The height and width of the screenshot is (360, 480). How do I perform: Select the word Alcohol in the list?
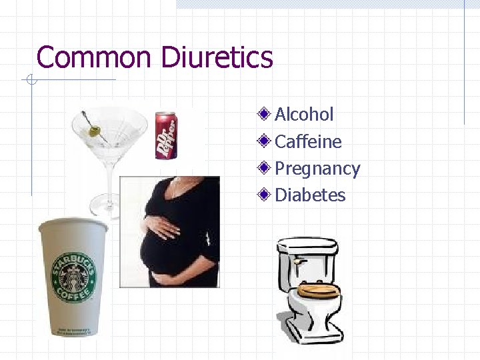304,115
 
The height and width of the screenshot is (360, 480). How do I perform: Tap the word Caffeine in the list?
308,142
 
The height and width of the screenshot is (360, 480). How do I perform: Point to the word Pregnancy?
317,169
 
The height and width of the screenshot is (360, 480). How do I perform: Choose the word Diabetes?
310,195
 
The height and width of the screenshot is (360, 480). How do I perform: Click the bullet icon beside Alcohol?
265,114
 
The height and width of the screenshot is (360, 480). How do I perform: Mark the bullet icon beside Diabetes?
265,195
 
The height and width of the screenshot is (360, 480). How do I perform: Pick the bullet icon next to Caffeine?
265,141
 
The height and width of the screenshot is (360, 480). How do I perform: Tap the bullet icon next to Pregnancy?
265,168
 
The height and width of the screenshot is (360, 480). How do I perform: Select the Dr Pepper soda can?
165,136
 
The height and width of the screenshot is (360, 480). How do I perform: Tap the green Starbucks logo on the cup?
74,277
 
